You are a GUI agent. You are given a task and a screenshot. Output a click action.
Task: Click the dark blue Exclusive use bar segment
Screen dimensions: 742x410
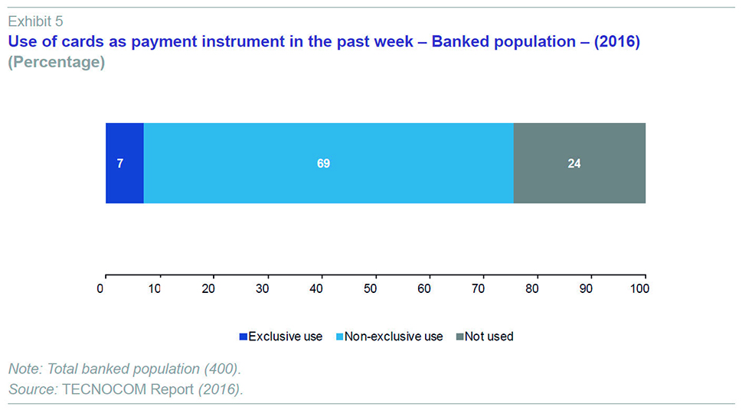coord(125,163)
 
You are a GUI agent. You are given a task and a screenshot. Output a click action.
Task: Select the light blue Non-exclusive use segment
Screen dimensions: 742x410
coord(329,163)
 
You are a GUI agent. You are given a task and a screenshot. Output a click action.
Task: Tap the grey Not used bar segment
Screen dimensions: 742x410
coord(579,163)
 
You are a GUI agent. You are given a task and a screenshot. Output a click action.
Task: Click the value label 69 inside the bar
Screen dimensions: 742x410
coord(323,164)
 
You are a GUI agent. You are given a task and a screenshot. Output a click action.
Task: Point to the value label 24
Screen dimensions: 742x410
coord(574,164)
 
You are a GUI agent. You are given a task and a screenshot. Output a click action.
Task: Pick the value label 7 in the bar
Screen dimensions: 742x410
coord(120,164)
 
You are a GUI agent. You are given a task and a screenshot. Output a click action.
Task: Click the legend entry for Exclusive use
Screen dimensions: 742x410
coord(280,337)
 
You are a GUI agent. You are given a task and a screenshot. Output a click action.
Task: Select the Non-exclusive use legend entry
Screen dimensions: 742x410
coord(389,337)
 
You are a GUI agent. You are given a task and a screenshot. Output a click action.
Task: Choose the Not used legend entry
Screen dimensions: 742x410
coord(485,337)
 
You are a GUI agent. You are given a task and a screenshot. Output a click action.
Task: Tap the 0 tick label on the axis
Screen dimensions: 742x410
coord(100,288)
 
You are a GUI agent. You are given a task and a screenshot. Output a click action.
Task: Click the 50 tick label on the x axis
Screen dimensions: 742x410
coord(370,288)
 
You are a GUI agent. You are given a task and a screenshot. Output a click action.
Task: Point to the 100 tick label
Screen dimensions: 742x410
coord(640,288)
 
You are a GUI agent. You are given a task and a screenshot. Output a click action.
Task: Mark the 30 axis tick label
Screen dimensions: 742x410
coord(262,288)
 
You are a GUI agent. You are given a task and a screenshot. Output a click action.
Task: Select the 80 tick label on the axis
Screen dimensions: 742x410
coord(532,288)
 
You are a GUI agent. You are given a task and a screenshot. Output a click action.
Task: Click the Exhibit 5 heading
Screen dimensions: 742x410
coord(35,21)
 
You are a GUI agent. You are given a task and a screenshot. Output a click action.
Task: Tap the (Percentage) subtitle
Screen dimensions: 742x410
coord(57,62)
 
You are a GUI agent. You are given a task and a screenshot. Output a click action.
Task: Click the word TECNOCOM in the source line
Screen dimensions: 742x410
coord(104,389)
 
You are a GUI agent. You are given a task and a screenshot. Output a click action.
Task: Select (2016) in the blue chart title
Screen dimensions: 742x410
coord(616,41)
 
